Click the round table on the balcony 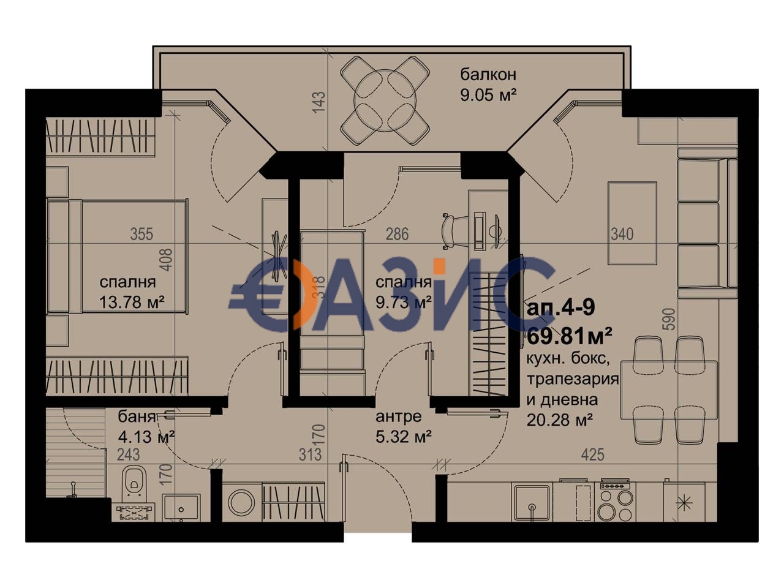coord(385,100)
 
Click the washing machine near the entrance coord(241,502)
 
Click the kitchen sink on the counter coord(532,502)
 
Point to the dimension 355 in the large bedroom coord(141,233)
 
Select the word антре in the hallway coord(399,417)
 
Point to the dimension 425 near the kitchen coord(592,454)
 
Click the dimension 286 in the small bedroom coord(396,233)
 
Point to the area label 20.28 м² coord(559,420)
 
